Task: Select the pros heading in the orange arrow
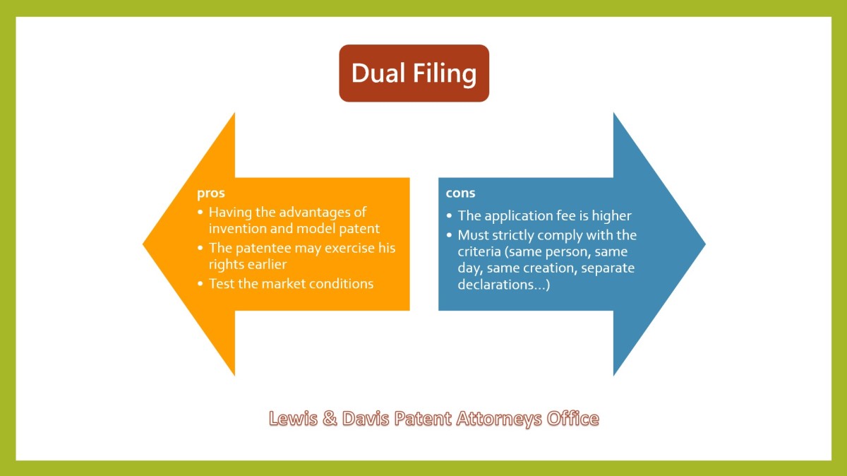[210, 194]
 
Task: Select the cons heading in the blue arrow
[460, 193]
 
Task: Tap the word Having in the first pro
[230, 213]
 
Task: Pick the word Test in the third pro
[221, 284]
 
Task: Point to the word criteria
[479, 251]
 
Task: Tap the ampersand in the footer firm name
[330, 419]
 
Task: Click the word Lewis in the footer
[293, 419]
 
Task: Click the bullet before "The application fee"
[449, 215]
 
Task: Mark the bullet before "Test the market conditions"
[200, 284]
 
